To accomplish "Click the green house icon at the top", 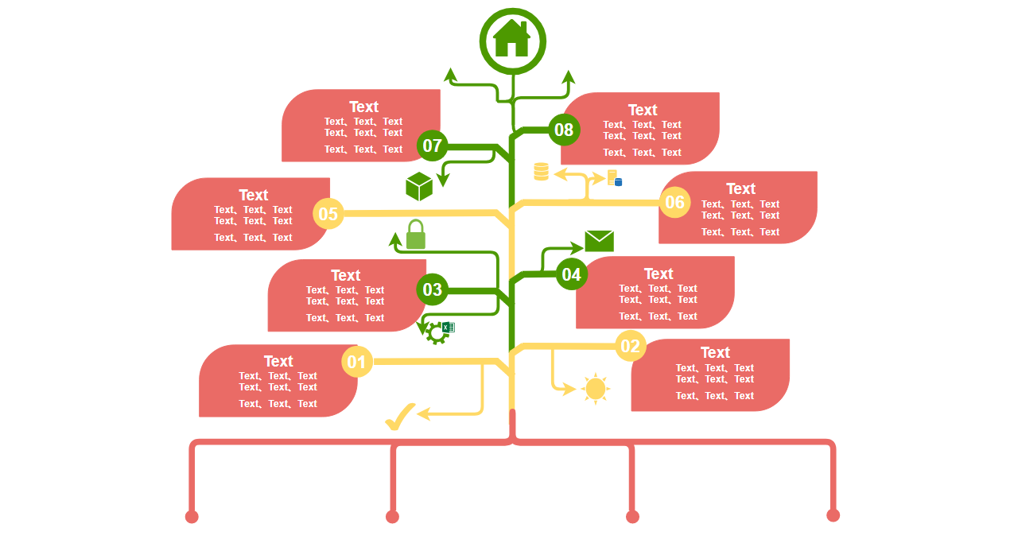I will pos(512,39).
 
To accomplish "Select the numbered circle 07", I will pos(432,146).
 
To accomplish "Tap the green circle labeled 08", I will pos(564,130).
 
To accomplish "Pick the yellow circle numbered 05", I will pos(328,213).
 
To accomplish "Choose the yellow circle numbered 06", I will pos(674,202).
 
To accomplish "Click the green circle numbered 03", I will pos(432,289).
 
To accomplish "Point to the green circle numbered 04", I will pos(571,274).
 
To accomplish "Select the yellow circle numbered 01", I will pos(357,363).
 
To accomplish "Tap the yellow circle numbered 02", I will pos(630,346).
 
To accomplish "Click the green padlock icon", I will pos(415,235).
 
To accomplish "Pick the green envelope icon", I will pos(599,241).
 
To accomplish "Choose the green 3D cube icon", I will pos(419,187).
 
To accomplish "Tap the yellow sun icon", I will pos(595,389).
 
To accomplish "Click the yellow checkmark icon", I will pos(400,417).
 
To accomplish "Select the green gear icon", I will pos(436,332).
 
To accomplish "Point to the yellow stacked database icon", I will pos(541,171).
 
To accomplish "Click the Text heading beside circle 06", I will pos(740,188).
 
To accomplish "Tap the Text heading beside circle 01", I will pos(278,361).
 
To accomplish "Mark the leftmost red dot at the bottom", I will pos(192,517).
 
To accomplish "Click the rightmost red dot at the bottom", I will pos(833,515).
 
